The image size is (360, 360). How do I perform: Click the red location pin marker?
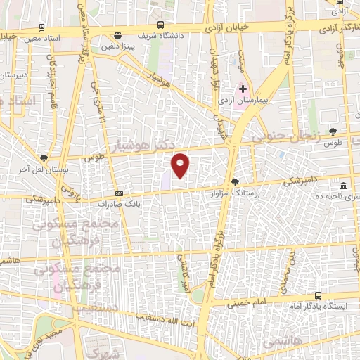click(x=181, y=165)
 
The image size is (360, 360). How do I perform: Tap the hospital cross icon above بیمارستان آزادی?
click(x=243, y=89)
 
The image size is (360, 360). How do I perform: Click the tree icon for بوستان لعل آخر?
click(x=45, y=158)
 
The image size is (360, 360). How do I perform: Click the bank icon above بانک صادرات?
click(x=119, y=193)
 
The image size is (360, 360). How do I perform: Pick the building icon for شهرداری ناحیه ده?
click(x=343, y=186)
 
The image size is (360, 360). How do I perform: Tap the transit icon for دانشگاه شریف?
click(x=117, y=34)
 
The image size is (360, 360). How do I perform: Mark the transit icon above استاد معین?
click(x=42, y=28)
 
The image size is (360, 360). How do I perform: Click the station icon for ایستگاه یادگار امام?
click(x=318, y=295)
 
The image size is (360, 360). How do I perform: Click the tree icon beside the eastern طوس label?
click(x=333, y=131)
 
